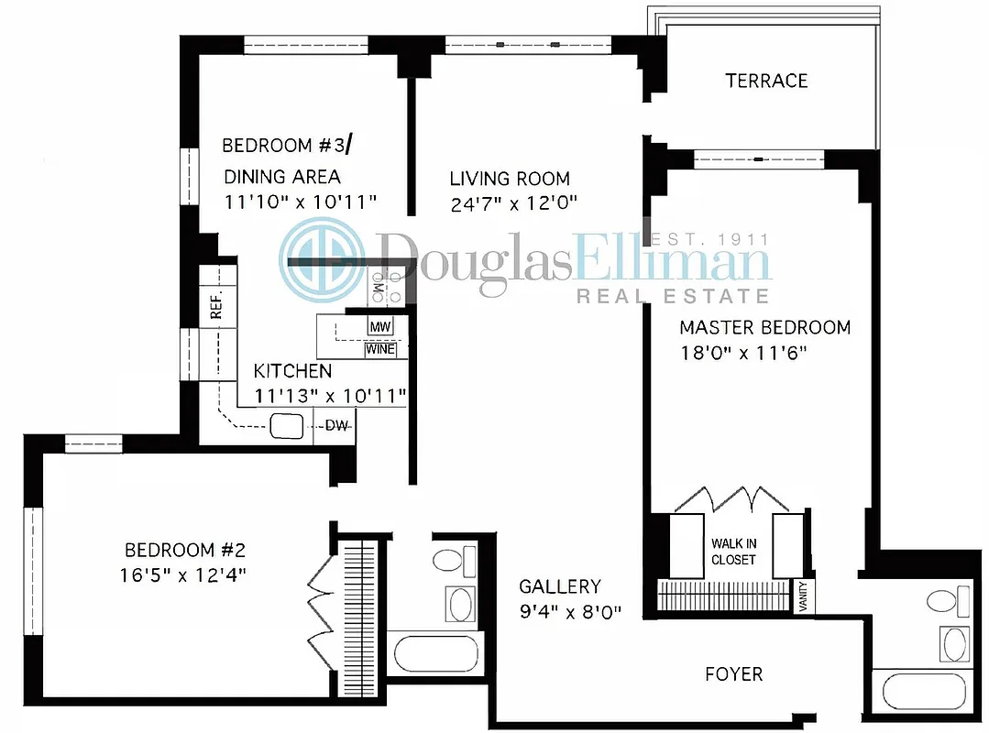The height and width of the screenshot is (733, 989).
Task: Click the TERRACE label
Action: coord(766,81)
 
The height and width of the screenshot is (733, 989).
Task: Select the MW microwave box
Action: coord(379,326)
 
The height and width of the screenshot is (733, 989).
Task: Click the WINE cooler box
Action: coord(380,349)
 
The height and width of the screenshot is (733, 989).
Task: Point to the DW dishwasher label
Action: coord(336,426)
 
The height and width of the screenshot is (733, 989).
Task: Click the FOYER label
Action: coord(733,674)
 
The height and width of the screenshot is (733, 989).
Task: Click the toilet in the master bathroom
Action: coord(943,601)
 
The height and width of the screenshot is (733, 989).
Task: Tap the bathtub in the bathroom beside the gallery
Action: coord(435,655)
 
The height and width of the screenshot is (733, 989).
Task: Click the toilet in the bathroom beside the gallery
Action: coord(449,560)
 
